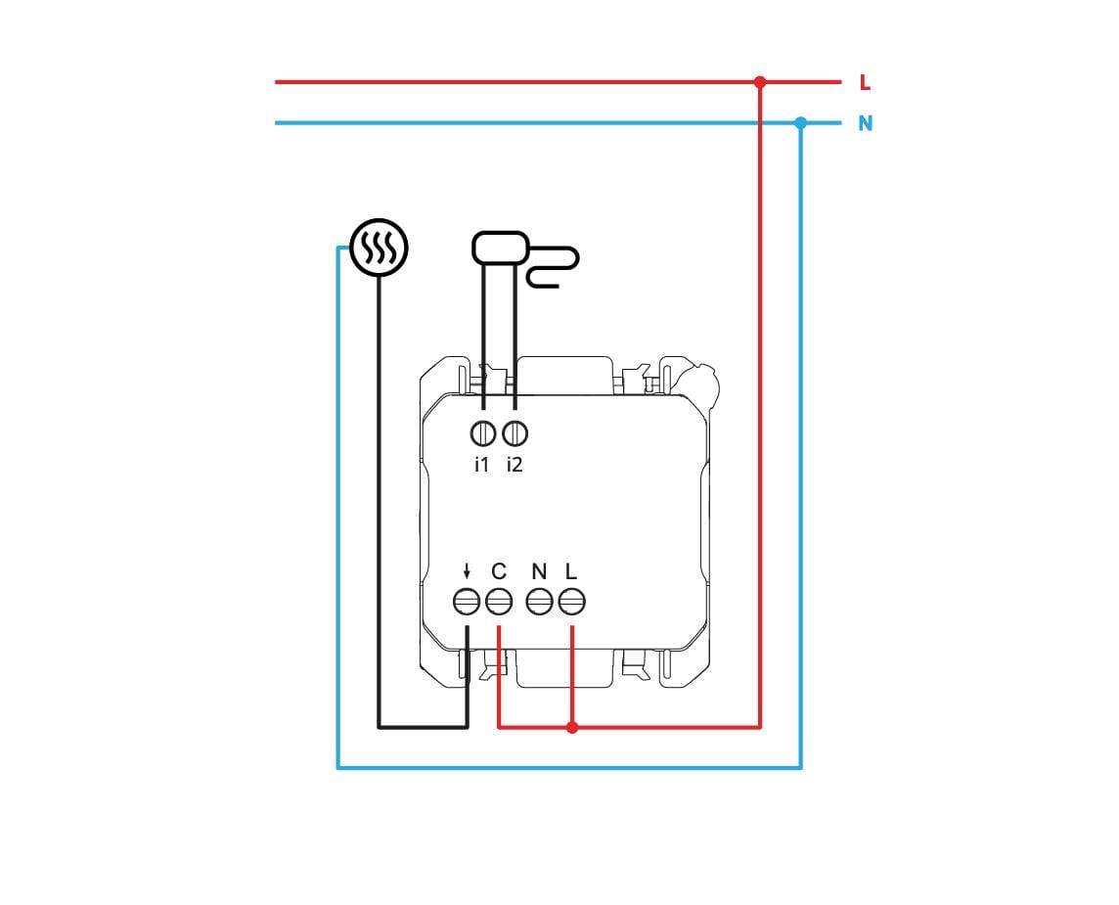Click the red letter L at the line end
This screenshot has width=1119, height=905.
[865, 83]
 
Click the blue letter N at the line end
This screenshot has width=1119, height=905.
[865, 123]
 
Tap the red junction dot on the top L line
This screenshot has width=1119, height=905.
[760, 82]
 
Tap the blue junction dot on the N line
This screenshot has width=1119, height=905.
[801, 122]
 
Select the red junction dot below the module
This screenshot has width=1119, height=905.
[571, 727]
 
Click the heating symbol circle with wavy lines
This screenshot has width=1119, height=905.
[379, 247]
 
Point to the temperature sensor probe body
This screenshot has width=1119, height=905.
[500, 247]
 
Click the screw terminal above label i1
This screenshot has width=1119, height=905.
[483, 433]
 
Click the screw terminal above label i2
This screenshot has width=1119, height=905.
[515, 433]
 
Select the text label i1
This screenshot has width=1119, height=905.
[481, 465]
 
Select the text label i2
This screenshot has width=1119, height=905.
[515, 465]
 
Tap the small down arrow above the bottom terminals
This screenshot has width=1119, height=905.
[467, 571]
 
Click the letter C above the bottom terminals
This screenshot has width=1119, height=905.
[499, 571]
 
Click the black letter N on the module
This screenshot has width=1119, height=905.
[540, 571]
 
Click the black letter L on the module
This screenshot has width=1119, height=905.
[570, 571]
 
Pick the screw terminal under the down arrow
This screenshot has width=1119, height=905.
[467, 602]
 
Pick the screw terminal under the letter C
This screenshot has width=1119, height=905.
[499, 602]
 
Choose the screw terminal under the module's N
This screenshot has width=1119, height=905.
[540, 602]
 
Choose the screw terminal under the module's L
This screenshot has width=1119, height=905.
[571, 602]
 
